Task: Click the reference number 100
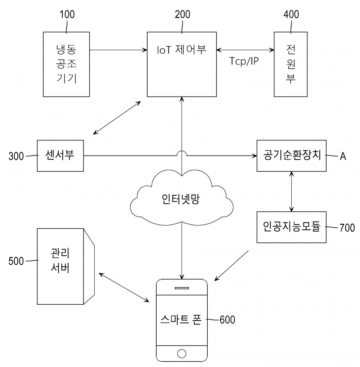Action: tap(67, 14)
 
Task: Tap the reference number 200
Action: tap(183, 14)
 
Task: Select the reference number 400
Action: tap(291, 14)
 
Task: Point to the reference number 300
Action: tap(16, 156)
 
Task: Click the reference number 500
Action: tap(16, 261)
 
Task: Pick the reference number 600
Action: tap(228, 319)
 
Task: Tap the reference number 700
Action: tap(347, 228)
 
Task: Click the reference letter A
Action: tap(343, 156)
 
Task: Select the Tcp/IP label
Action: tap(244, 61)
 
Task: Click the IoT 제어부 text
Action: tap(181, 49)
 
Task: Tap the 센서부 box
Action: tap(60, 156)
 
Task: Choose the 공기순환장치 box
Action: tap(292, 156)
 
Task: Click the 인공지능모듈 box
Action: tap(292, 227)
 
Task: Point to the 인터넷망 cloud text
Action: tap(181, 199)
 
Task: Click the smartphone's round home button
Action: tap(182, 353)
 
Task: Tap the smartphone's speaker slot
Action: tap(182, 288)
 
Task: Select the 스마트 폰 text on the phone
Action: tap(181, 319)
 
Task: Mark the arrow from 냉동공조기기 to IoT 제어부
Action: tap(118, 50)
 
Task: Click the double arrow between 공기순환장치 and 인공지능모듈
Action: tap(292, 192)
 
